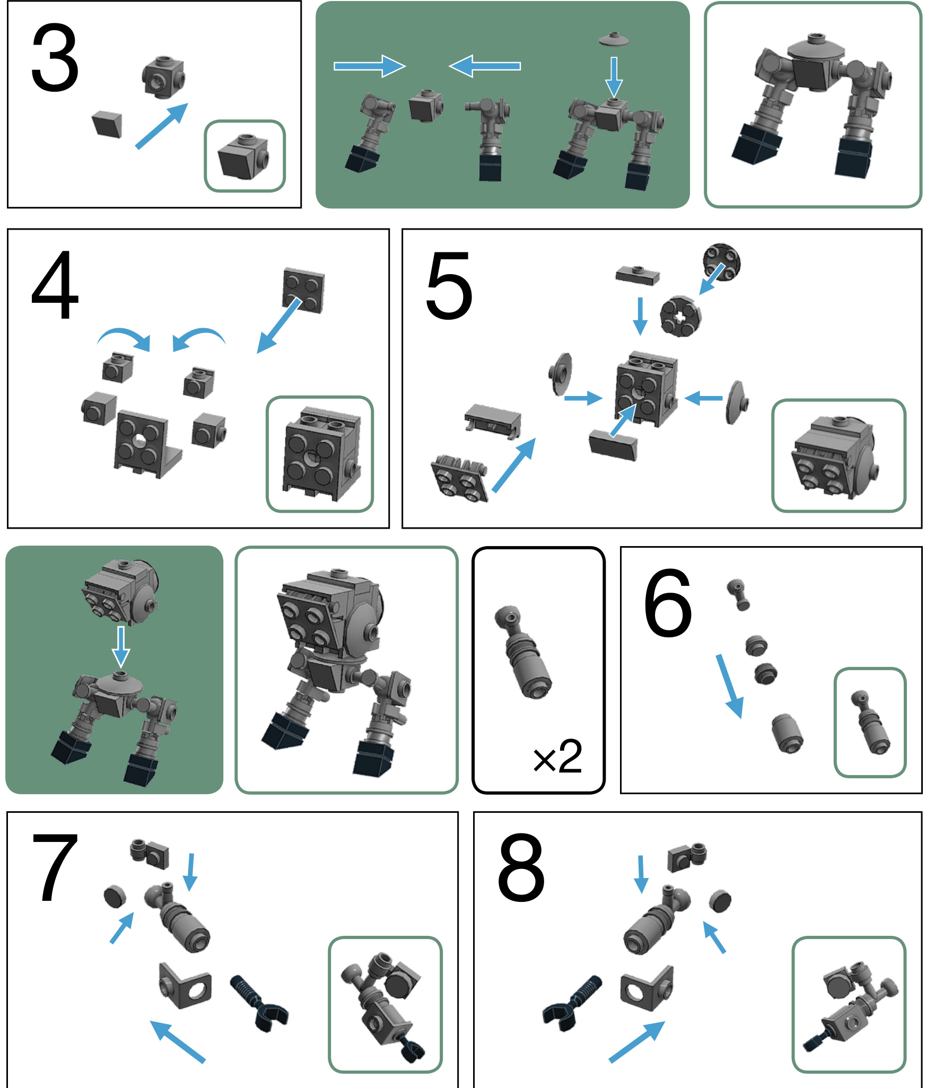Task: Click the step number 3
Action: (55, 58)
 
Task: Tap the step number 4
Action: (55, 285)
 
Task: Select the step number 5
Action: (449, 286)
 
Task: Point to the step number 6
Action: (668, 603)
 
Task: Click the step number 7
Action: (55, 866)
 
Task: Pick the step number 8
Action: (521, 867)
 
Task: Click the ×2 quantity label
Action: (557, 757)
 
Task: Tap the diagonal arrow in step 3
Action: (162, 126)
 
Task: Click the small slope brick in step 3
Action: (107, 125)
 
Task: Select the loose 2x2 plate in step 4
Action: (304, 290)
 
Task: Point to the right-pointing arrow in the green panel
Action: (370, 66)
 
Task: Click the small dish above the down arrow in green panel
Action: (614, 39)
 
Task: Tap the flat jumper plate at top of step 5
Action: (637, 275)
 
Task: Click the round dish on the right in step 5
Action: (736, 402)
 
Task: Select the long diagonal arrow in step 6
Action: (730, 686)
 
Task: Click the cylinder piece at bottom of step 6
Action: (787, 733)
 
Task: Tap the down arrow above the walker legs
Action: (121, 647)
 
